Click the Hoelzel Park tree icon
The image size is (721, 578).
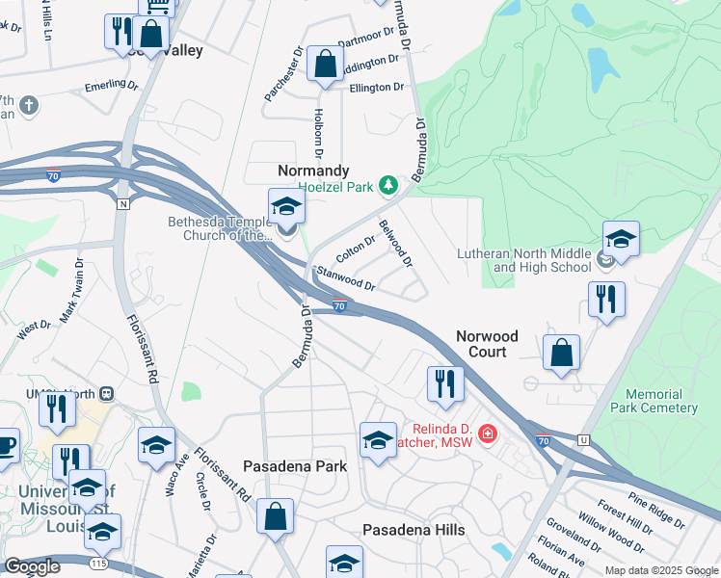point(387,184)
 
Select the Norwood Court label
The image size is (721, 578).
point(487,344)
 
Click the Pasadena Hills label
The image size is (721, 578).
point(414,530)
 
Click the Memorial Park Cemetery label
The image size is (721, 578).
point(667,401)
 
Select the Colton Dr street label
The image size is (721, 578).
point(355,250)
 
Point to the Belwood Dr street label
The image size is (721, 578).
point(395,244)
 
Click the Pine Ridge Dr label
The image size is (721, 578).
point(656,511)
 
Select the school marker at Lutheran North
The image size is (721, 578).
point(621,240)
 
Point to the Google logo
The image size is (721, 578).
point(31,566)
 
